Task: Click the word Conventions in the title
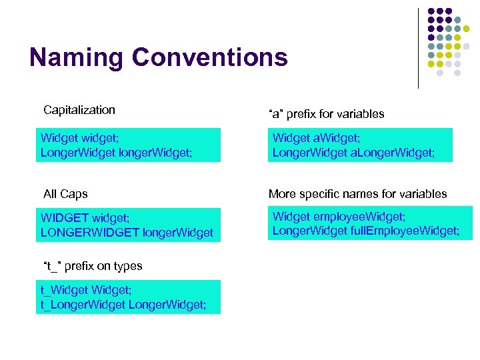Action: tap(210, 57)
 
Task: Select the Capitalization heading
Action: tap(79, 110)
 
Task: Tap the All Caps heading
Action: tap(65, 194)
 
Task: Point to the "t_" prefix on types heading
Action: tap(93, 266)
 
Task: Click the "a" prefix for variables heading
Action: tap(326, 114)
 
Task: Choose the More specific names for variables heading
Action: tap(357, 194)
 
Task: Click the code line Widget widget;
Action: tap(79, 138)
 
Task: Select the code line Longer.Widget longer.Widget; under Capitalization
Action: tap(117, 153)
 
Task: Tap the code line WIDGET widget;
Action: tap(83, 218)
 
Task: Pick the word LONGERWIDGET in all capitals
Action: tap(90, 233)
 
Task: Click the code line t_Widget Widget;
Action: tap(85, 290)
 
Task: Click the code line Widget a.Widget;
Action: tap(316, 138)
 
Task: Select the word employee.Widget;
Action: tap(358, 217)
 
